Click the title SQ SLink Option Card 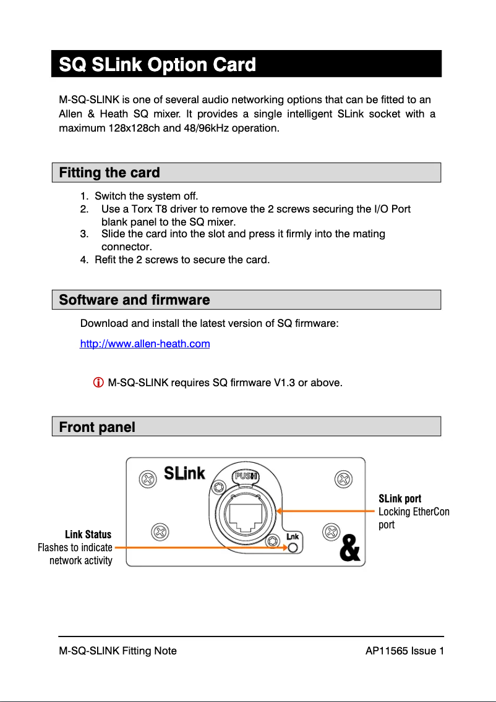coord(157,64)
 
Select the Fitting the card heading coord(109,173)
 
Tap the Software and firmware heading coord(134,300)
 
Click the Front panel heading coord(97,427)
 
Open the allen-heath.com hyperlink coord(145,344)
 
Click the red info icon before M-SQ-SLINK coord(98,383)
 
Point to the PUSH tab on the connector coord(246,476)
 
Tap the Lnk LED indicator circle coord(293,548)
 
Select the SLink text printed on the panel coord(184,473)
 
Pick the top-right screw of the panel coord(343,478)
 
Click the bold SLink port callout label coord(400,499)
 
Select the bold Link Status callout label coord(88,535)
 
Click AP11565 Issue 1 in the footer coord(404,651)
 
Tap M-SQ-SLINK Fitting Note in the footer coord(118,651)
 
